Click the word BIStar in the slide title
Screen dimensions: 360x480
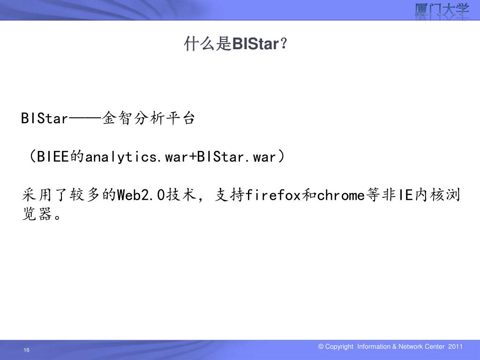255,45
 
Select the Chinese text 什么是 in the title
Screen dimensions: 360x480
208,45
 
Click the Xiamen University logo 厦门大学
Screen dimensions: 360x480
442,11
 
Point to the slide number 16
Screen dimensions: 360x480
26,351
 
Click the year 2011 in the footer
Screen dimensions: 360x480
456,347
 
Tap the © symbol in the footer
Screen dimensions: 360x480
321,347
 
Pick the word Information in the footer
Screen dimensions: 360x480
373,347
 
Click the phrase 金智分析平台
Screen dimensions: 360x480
148,119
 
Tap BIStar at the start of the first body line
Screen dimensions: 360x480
45,119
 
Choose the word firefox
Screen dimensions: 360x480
273,195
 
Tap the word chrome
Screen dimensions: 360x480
341,195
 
